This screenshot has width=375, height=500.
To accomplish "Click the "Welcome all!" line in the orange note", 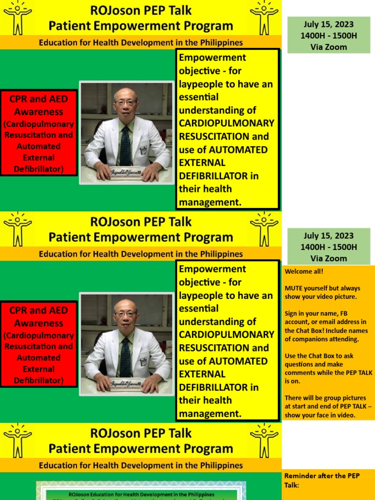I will [x=304, y=271].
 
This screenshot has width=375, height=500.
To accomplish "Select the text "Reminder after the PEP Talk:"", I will [x=322, y=480].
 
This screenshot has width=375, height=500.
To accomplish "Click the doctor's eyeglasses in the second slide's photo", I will [x=125, y=313].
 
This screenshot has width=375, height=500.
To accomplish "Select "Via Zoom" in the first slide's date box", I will [x=329, y=47].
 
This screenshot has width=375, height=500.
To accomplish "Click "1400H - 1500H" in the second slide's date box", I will [x=329, y=247].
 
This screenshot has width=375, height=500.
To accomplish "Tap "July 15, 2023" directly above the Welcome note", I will [x=329, y=236].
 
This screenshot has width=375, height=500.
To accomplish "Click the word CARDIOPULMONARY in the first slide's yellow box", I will [x=227, y=123].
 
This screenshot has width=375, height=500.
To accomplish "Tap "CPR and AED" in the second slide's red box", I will [x=39, y=310].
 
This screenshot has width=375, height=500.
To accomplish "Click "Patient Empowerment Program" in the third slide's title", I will [x=141, y=449].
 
